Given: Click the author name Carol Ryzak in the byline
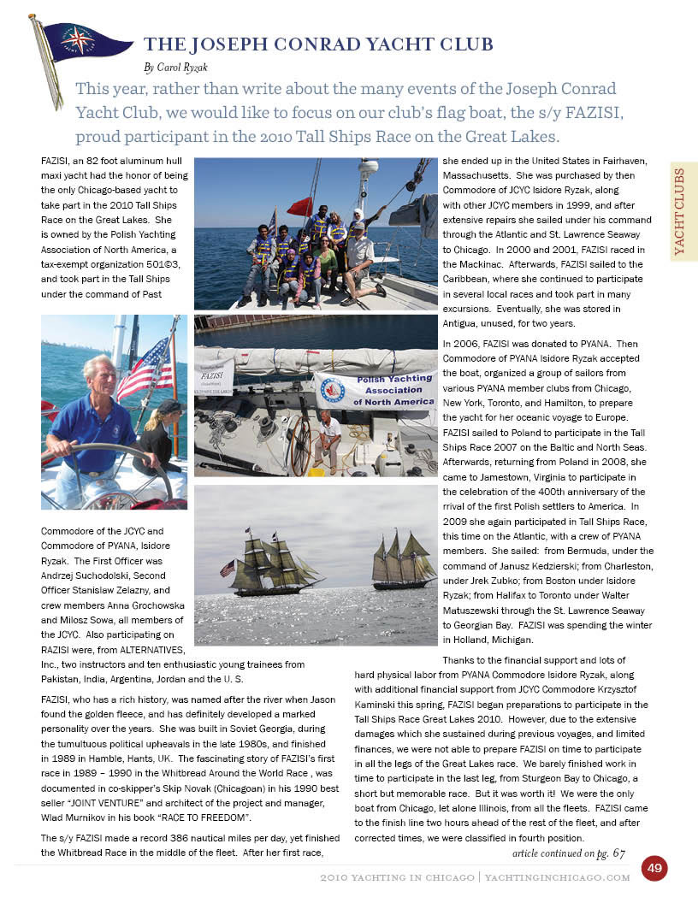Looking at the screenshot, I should (x=181, y=66).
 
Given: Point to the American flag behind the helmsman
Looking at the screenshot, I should (x=145, y=369).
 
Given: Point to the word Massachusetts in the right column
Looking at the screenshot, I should (x=482, y=175).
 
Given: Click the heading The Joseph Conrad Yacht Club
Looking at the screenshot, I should (x=318, y=44).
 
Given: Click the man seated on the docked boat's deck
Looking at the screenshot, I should (x=328, y=439).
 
